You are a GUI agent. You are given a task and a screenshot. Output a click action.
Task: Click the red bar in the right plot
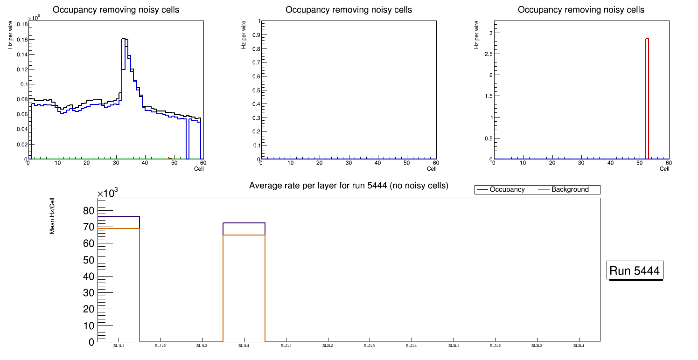pyautogui.click(x=647, y=99)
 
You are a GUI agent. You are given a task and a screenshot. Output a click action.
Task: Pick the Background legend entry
pyautogui.click(x=570, y=190)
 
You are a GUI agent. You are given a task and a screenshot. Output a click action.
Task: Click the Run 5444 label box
pyautogui.click(x=635, y=270)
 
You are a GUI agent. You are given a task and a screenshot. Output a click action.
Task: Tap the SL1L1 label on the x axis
pyautogui.click(x=119, y=346)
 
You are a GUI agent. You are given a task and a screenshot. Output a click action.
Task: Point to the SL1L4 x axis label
pyautogui.click(x=244, y=346)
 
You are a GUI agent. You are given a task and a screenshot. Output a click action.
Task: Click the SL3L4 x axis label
pyautogui.click(x=579, y=346)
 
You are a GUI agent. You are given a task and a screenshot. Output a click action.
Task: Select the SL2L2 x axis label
pyautogui.click(x=328, y=346)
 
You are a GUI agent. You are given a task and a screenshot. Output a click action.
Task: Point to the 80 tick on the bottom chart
pyautogui.click(x=89, y=211)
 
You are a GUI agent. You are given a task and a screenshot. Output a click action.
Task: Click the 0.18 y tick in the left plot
pyautogui.click(x=22, y=24)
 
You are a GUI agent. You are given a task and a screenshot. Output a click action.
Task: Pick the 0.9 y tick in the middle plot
pyautogui.click(x=256, y=35)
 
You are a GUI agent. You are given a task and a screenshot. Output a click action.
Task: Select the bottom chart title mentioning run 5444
pyautogui.click(x=349, y=186)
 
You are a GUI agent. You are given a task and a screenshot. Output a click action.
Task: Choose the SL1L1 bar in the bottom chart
pyautogui.click(x=119, y=280)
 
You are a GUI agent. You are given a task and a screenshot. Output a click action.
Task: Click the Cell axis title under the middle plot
pyautogui.click(x=432, y=169)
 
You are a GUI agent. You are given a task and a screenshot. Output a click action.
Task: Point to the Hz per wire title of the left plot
pyautogui.click(x=10, y=35)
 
